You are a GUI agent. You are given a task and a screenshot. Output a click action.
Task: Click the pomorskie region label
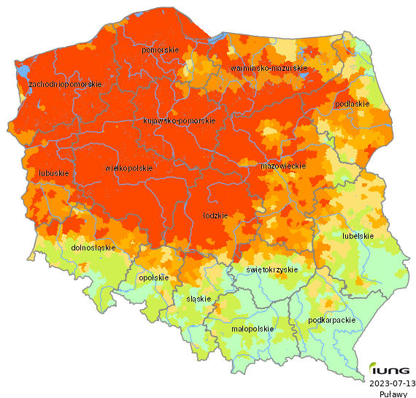[161, 50]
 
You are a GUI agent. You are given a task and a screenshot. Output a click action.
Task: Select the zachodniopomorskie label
[64, 85]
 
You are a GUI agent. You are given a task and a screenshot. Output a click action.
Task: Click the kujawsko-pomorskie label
[179, 120]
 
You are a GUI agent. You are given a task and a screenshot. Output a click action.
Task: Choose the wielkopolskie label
[129, 168]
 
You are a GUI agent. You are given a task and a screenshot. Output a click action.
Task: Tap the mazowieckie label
[282, 167]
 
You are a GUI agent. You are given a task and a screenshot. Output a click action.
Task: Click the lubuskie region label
[52, 174]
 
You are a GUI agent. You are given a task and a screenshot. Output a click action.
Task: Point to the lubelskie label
[358, 236]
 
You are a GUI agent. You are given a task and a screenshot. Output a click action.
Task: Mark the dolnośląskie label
[93, 248]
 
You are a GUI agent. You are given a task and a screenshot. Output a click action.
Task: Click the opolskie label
[153, 278]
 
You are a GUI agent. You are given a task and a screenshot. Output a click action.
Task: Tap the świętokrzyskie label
[272, 269]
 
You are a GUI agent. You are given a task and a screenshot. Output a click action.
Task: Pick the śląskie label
[199, 299]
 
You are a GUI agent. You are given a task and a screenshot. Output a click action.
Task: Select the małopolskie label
[252, 329]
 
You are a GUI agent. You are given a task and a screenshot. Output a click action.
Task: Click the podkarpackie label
[332, 320]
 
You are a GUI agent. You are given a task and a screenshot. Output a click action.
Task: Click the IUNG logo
[391, 368]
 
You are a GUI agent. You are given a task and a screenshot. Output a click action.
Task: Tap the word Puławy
[393, 394]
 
